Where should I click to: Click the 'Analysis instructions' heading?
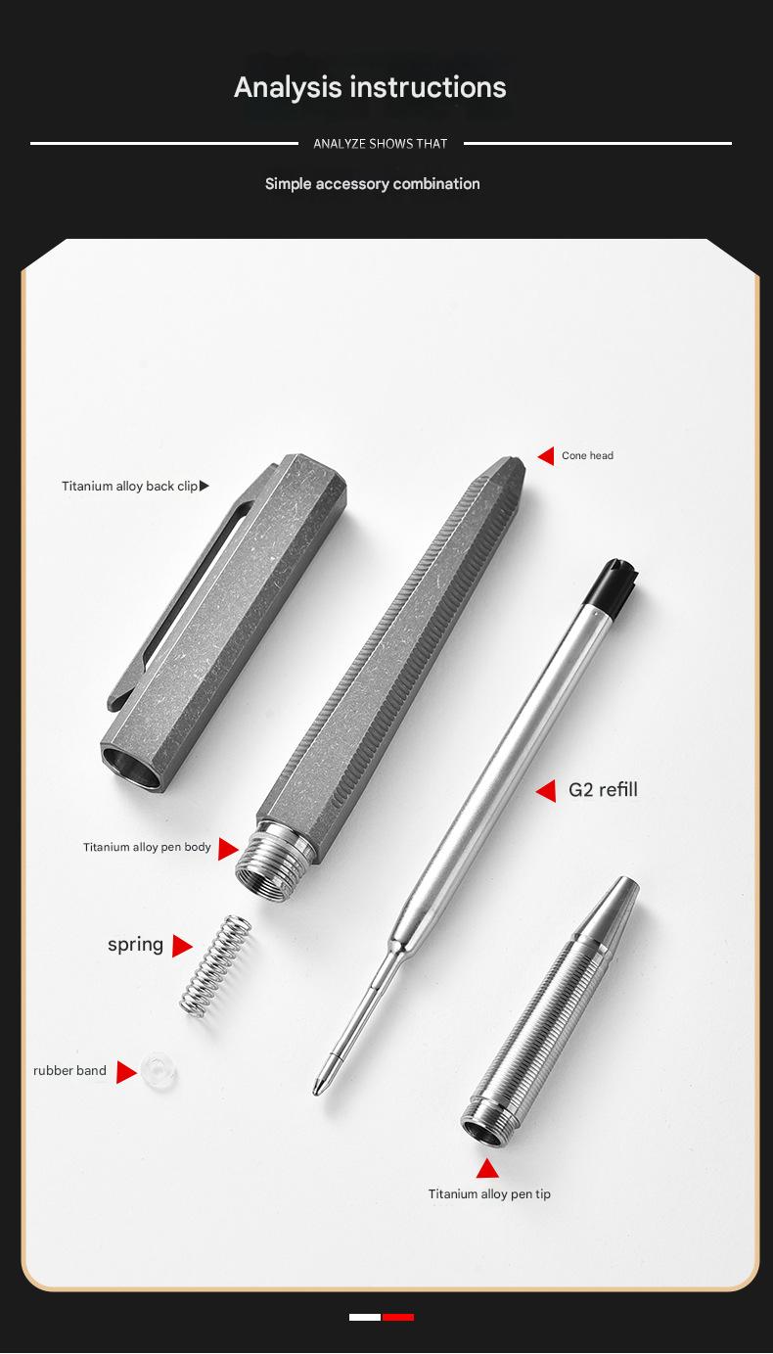tap(370, 87)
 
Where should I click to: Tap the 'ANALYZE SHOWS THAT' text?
tap(380, 144)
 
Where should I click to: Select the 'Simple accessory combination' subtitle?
tap(372, 184)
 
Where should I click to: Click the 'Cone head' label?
tap(587, 456)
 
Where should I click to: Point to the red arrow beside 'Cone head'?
tap(546, 456)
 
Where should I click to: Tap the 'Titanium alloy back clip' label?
tap(129, 487)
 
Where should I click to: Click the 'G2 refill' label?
tap(603, 790)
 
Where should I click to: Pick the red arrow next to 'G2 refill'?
tap(546, 790)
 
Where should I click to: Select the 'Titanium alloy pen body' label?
tap(147, 848)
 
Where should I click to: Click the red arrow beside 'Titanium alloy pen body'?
tap(228, 849)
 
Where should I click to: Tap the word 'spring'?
tap(135, 945)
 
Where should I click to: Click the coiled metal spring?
tap(215, 964)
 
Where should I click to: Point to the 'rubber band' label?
tap(69, 1071)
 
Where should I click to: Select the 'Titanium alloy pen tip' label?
tap(489, 1194)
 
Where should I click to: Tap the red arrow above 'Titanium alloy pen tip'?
tap(487, 1169)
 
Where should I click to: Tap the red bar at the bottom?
tap(398, 1318)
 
